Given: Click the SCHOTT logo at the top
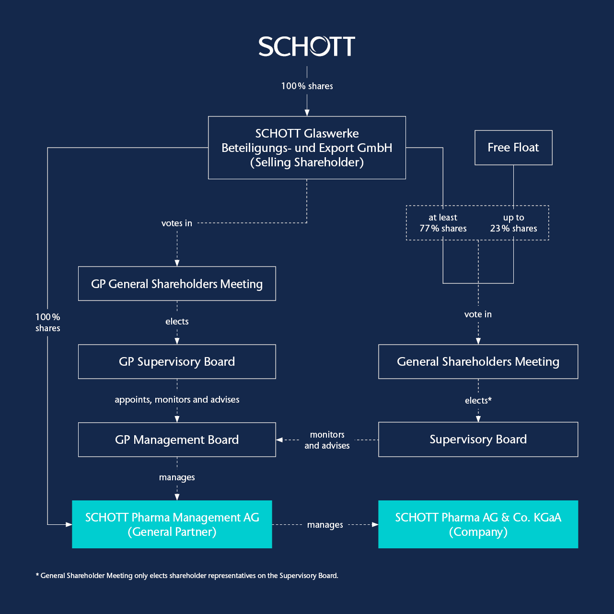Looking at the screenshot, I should coord(307,46).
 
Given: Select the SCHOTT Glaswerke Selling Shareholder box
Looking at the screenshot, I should coord(307,148).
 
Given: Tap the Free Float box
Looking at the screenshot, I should coord(513,148).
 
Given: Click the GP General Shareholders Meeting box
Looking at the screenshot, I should coord(177,284).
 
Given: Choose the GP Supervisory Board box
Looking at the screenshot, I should coord(177,361).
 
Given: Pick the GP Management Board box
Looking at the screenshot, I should coord(177,440).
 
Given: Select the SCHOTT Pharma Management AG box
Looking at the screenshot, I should coord(172,524).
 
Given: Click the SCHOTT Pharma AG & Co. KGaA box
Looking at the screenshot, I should coord(478,524).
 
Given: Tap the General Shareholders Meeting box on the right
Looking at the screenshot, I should coord(478,361).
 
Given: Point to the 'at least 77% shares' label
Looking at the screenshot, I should coord(443,223).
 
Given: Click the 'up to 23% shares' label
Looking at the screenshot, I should coord(513,223).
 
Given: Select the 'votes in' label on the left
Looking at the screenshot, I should coord(177,223).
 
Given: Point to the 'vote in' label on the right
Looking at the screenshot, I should coord(478,314).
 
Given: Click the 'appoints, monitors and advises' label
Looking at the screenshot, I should coord(177,400).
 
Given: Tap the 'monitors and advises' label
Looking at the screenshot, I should coord(327,440).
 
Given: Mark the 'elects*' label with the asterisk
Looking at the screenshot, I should coord(478,401).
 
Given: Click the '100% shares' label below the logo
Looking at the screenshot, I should coord(307,86).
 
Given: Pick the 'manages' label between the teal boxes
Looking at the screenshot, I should coord(325,525).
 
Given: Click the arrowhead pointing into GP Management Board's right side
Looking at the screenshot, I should coord(279,440).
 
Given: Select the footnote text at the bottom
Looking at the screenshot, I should coord(187,576).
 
